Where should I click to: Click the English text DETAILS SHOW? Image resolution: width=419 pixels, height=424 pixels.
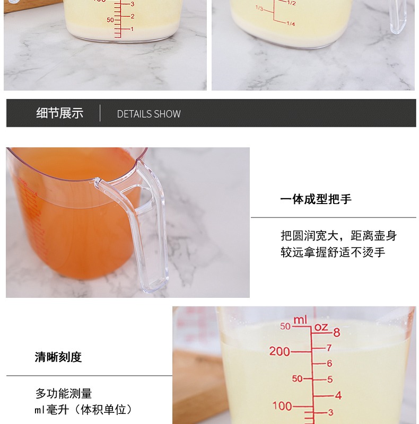point(149,114)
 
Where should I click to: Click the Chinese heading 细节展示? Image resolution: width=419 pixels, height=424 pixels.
point(60,113)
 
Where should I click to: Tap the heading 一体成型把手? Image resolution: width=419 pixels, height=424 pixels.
point(316,199)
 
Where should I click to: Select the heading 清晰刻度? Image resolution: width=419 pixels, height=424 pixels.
point(58,357)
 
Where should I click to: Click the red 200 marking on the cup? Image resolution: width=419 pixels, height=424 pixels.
point(280,351)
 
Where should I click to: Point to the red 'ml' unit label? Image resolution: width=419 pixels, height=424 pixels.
point(300,320)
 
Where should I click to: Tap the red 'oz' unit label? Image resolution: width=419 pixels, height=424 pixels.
point(321,328)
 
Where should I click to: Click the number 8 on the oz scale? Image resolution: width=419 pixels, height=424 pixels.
point(336,332)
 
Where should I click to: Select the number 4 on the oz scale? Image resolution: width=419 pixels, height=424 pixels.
point(338,395)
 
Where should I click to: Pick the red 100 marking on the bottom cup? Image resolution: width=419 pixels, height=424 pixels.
point(282,406)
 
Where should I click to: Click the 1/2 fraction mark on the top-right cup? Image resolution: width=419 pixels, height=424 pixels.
point(292,3)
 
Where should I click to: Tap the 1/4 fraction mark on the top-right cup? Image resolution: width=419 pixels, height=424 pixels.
point(291,24)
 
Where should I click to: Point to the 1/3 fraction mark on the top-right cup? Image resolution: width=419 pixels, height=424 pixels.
point(259,8)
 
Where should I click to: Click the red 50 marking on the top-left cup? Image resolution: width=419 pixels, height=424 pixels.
point(110,20)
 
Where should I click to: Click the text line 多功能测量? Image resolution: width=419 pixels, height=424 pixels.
point(64,393)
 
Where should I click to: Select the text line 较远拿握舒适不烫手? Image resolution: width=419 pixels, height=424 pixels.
point(333,252)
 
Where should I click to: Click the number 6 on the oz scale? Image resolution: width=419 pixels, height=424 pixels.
point(329,364)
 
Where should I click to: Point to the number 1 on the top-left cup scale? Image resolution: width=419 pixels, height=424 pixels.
point(132,29)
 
